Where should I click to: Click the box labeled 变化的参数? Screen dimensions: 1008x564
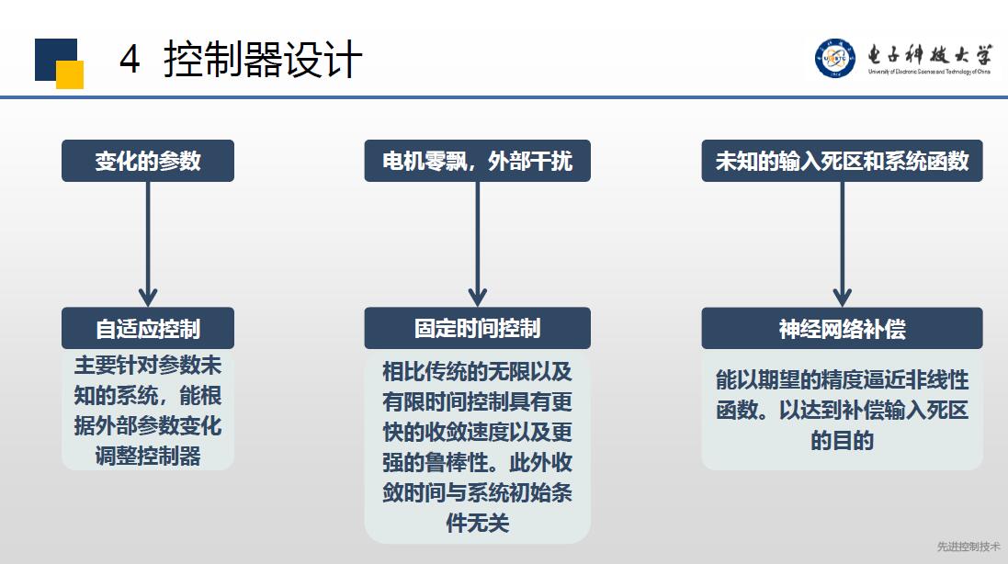(x=148, y=161)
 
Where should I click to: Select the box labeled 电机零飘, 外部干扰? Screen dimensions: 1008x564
(x=477, y=161)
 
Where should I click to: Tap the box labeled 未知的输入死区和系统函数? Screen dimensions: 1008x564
(x=842, y=161)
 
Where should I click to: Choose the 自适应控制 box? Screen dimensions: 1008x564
(x=148, y=328)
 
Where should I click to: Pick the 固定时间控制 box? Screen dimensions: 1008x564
(x=477, y=328)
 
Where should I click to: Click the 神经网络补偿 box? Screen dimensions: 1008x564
(x=842, y=328)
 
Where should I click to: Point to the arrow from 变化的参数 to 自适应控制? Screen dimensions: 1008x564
(x=148, y=244)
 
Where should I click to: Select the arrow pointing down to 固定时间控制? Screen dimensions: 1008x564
(x=477, y=244)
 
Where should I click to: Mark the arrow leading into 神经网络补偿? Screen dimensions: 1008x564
(x=842, y=244)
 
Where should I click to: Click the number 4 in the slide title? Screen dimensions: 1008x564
(x=130, y=59)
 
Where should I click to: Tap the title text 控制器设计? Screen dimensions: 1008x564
(x=262, y=59)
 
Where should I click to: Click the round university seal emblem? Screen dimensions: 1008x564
(x=835, y=58)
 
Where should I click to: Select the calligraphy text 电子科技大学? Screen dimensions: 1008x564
(x=929, y=54)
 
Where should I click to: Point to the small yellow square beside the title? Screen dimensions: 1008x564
(x=70, y=74)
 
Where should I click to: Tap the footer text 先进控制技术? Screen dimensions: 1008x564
(x=968, y=547)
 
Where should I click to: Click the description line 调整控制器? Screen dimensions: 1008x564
(x=148, y=457)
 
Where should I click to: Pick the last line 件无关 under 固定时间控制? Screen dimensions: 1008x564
(x=477, y=523)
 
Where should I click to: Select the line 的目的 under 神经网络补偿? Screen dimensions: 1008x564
(x=842, y=441)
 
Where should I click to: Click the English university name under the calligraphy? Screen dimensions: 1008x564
(x=929, y=72)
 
